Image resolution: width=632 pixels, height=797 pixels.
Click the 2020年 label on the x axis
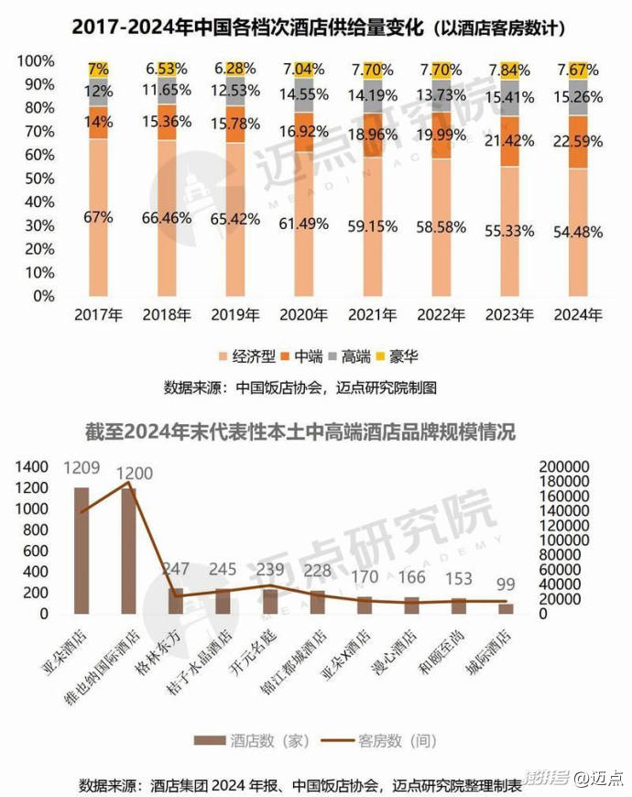click(x=303, y=315)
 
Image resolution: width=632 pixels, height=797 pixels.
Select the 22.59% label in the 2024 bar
click(x=577, y=141)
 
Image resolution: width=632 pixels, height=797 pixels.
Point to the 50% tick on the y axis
click(x=37, y=179)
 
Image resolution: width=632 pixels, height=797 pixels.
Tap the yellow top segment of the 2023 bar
click(x=510, y=69)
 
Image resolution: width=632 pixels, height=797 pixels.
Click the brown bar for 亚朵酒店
click(x=82, y=550)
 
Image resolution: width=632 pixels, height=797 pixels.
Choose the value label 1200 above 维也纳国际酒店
click(x=133, y=474)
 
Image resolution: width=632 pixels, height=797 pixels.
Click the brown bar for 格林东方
click(x=175, y=601)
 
